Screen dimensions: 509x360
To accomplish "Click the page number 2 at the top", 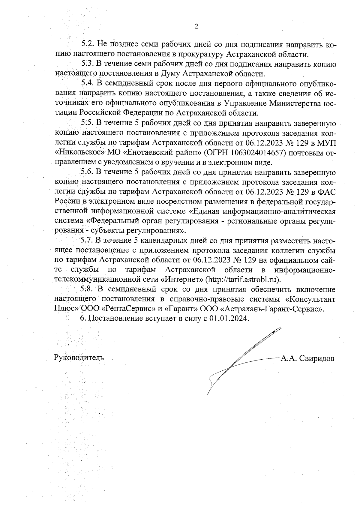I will coord(196,27).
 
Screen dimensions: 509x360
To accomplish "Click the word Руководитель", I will coord(79,358).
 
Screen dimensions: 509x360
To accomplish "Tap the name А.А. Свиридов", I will coord(307,358).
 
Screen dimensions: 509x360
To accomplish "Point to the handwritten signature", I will coord(240,360).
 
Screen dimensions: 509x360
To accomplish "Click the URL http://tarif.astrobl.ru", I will coord(243,280).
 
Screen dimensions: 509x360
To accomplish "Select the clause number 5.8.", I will coord(87,289).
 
